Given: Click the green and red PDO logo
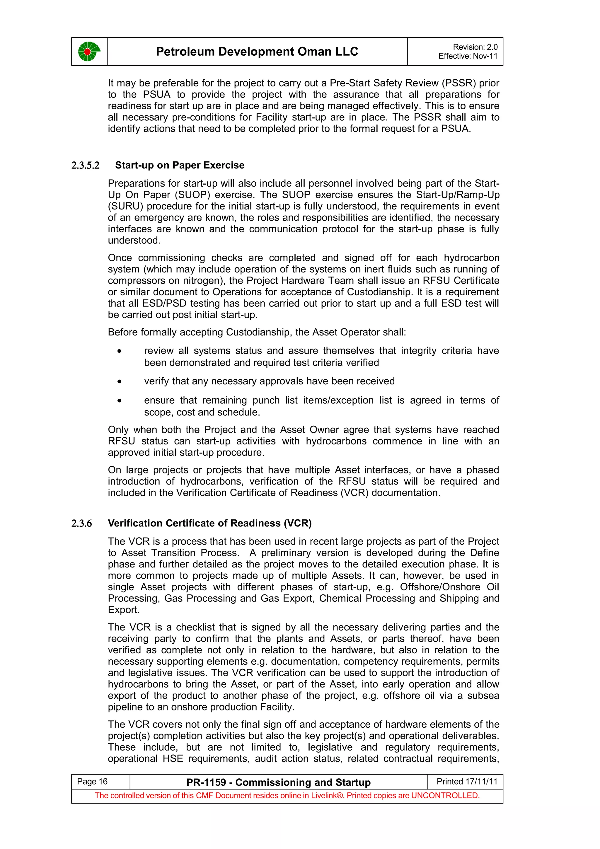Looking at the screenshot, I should (x=89, y=52).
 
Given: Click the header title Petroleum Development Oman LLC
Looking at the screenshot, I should (x=257, y=51).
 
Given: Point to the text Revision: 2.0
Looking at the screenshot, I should (x=475, y=47).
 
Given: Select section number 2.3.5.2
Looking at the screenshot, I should (x=85, y=165).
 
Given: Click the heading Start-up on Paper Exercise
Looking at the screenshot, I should (x=180, y=165).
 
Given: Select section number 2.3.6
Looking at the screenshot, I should (x=82, y=523).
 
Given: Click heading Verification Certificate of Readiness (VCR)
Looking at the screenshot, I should (x=209, y=523).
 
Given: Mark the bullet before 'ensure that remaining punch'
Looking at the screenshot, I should (x=119, y=401).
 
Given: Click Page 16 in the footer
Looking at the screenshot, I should (x=92, y=781).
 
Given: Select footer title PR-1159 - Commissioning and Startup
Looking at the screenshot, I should (x=278, y=782).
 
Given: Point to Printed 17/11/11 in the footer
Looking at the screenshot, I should (x=467, y=781).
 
